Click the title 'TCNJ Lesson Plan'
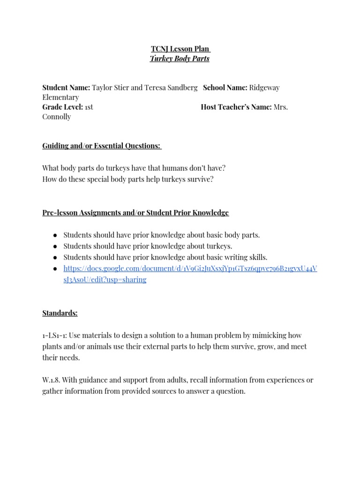click(x=180, y=49)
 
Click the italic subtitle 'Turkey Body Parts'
click(x=180, y=59)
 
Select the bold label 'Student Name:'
click(x=66, y=88)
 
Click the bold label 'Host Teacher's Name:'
click(x=236, y=107)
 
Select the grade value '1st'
click(x=89, y=107)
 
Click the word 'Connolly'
click(x=57, y=117)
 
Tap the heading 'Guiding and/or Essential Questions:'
click(x=102, y=146)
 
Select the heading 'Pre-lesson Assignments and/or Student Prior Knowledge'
click(x=135, y=213)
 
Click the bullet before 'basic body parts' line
click(x=55, y=235)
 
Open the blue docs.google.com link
click(x=190, y=268)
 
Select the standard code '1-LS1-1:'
click(x=55, y=336)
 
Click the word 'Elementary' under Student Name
click(x=60, y=97)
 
